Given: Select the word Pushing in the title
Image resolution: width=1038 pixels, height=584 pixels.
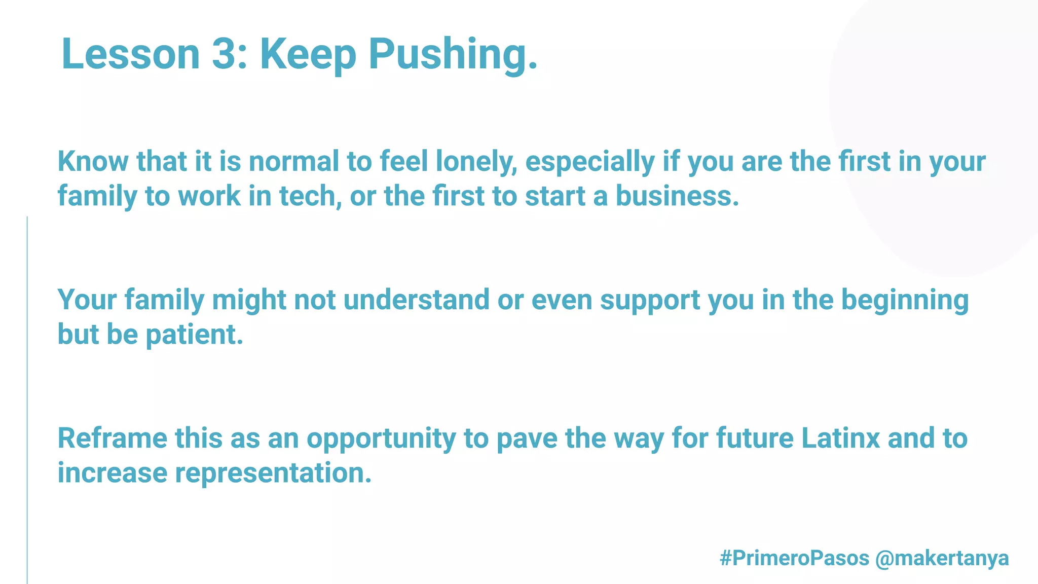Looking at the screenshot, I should click(x=453, y=55).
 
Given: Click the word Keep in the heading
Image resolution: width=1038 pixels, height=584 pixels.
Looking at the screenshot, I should click(x=308, y=55).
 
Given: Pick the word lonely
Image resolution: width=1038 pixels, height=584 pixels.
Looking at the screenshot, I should click(x=476, y=162).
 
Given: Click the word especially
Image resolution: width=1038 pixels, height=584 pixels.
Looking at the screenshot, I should click(x=590, y=162).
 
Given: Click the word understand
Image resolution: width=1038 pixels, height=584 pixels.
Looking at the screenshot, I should click(x=416, y=300).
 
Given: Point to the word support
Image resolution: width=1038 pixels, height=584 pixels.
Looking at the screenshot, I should click(x=650, y=301).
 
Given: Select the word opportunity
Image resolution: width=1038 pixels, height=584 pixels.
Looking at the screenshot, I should click(x=381, y=439).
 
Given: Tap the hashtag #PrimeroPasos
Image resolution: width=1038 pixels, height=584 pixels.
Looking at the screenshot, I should click(x=794, y=558).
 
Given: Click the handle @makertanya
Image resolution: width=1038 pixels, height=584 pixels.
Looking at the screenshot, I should click(x=942, y=558).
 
